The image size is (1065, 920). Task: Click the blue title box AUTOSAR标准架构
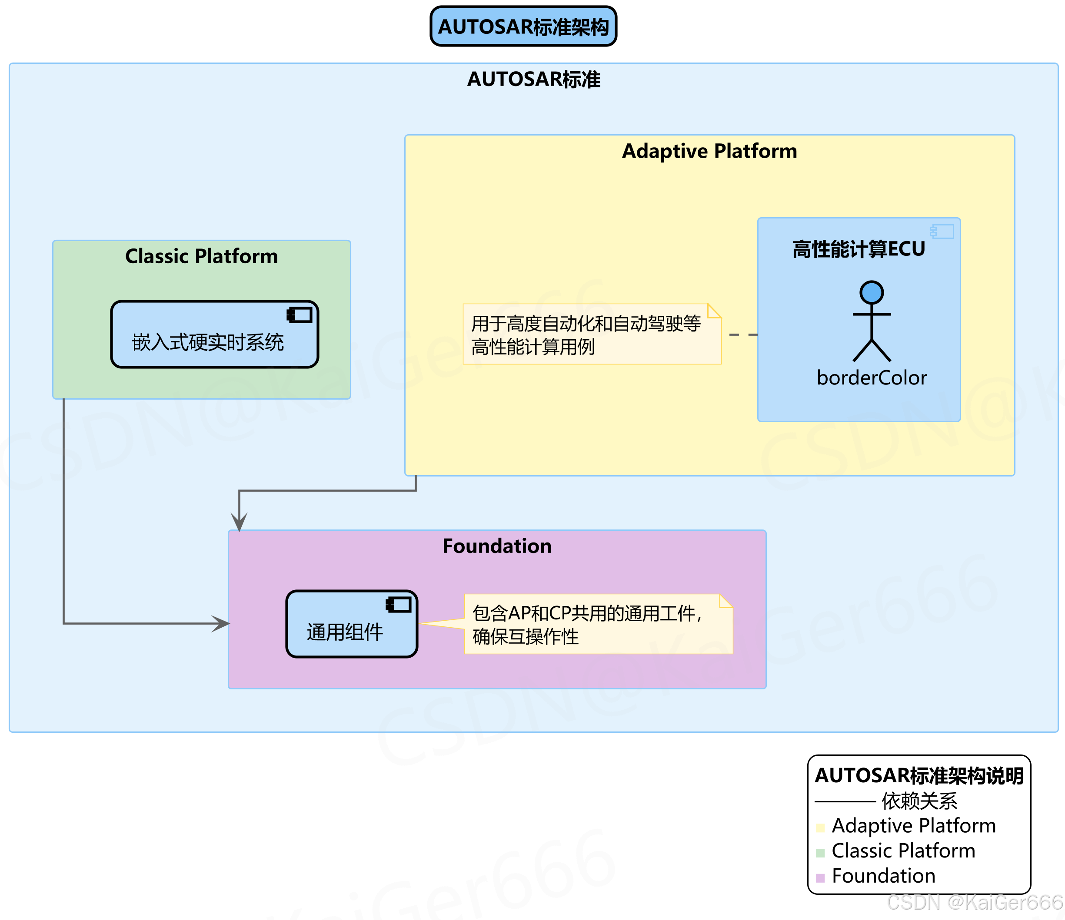523,26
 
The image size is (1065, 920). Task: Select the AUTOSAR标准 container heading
533,79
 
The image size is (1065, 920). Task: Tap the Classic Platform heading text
202,256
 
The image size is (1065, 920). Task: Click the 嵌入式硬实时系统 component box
214,334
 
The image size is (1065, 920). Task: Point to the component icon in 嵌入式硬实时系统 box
300,315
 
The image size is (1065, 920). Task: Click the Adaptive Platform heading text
709,151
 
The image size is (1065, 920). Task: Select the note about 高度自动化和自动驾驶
591,334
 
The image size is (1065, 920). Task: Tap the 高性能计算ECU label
859,249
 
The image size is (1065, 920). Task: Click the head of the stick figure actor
872,292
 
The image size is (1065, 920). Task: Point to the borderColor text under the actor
872,378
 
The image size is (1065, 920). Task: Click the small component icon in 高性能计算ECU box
942,232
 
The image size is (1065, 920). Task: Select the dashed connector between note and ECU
743,334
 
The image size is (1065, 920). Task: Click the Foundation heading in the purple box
497,546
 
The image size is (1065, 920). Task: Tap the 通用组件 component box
352,624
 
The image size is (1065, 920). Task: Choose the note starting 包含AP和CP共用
598,624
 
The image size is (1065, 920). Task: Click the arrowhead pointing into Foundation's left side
222,624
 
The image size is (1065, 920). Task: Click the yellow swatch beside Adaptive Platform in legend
820,827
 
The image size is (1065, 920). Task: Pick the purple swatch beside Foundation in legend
820,878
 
